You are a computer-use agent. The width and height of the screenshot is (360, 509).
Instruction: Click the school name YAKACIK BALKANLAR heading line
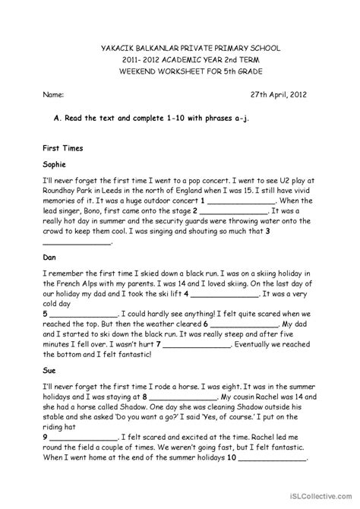coord(179,47)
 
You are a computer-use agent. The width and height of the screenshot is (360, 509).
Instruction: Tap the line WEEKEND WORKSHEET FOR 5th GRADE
coord(179,71)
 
